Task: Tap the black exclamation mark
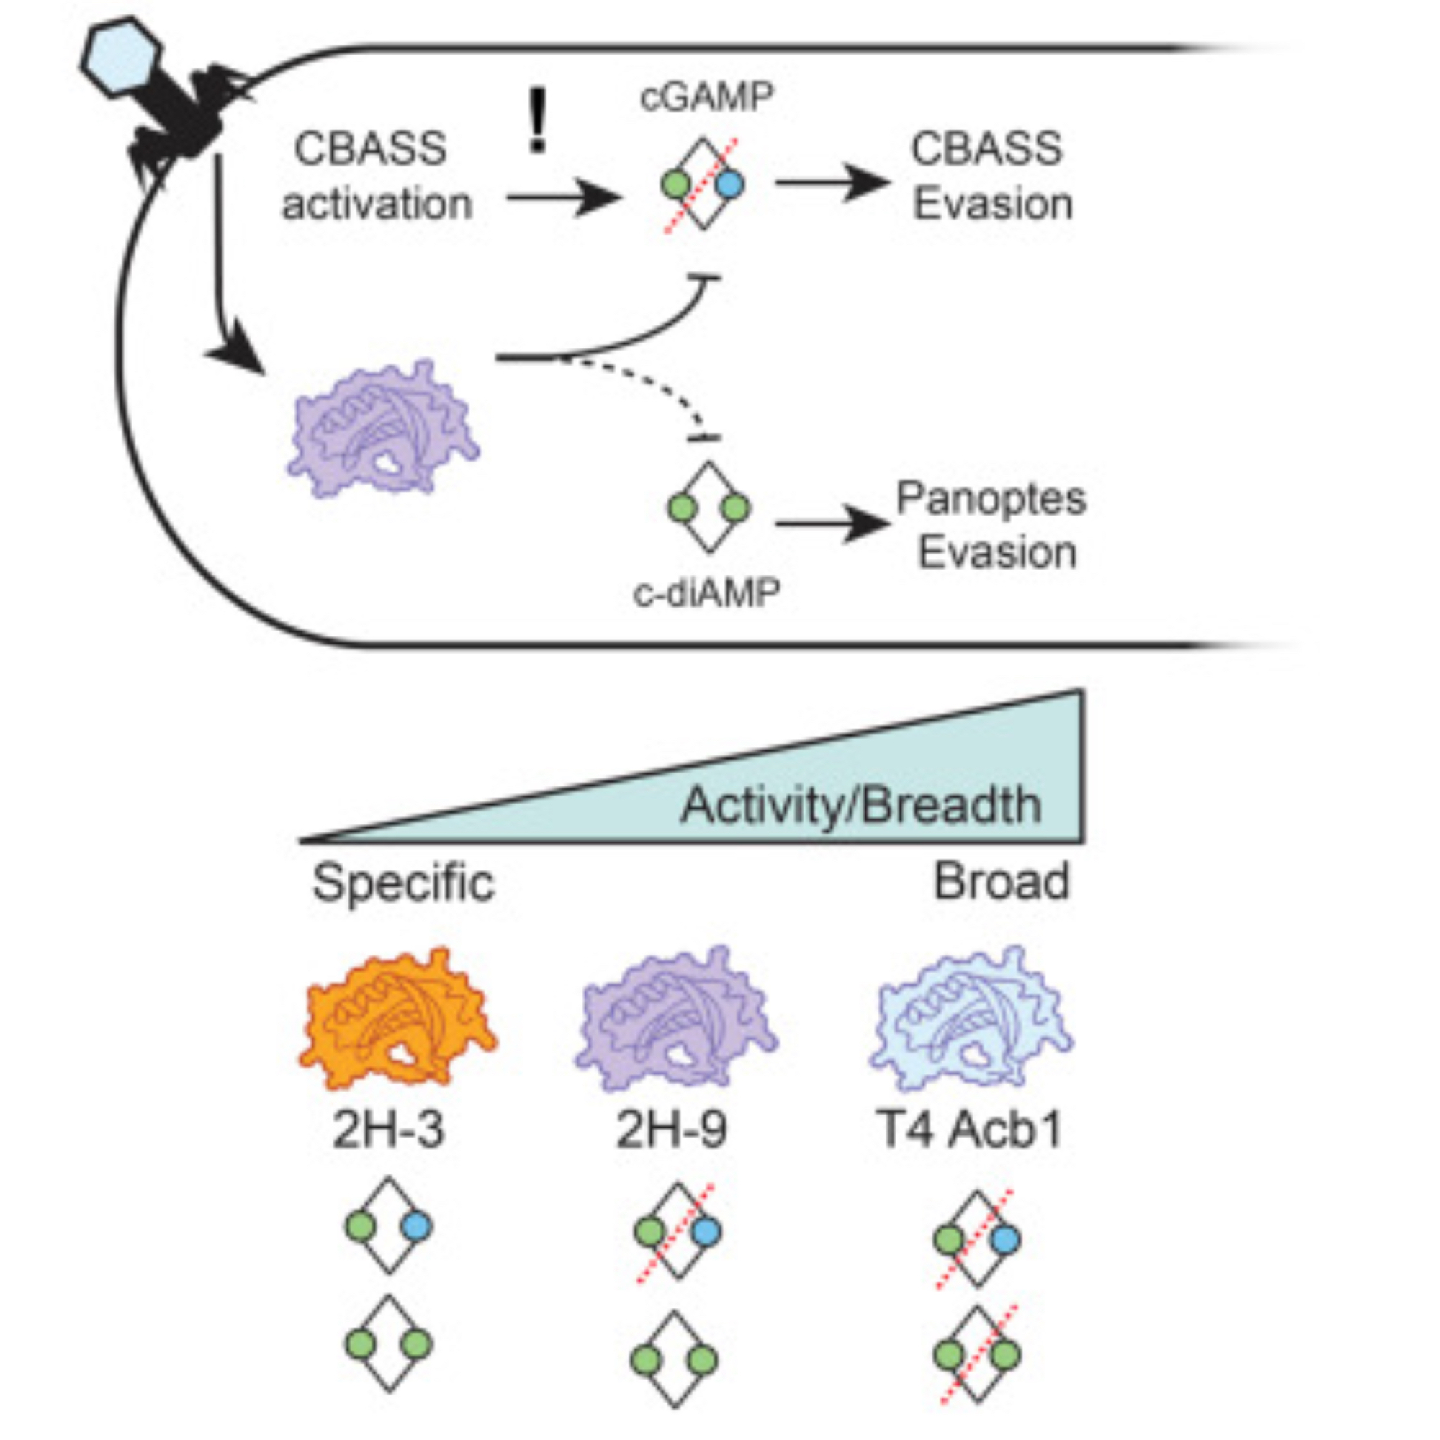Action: point(536,122)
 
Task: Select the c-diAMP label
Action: point(706,594)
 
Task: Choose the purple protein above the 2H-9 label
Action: point(677,1017)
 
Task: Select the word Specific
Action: point(403,883)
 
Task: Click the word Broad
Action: point(1001,881)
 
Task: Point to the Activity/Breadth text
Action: point(860,805)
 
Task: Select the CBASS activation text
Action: point(377,176)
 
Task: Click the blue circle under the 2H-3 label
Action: point(416,1226)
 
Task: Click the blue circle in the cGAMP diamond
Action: point(728,184)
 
